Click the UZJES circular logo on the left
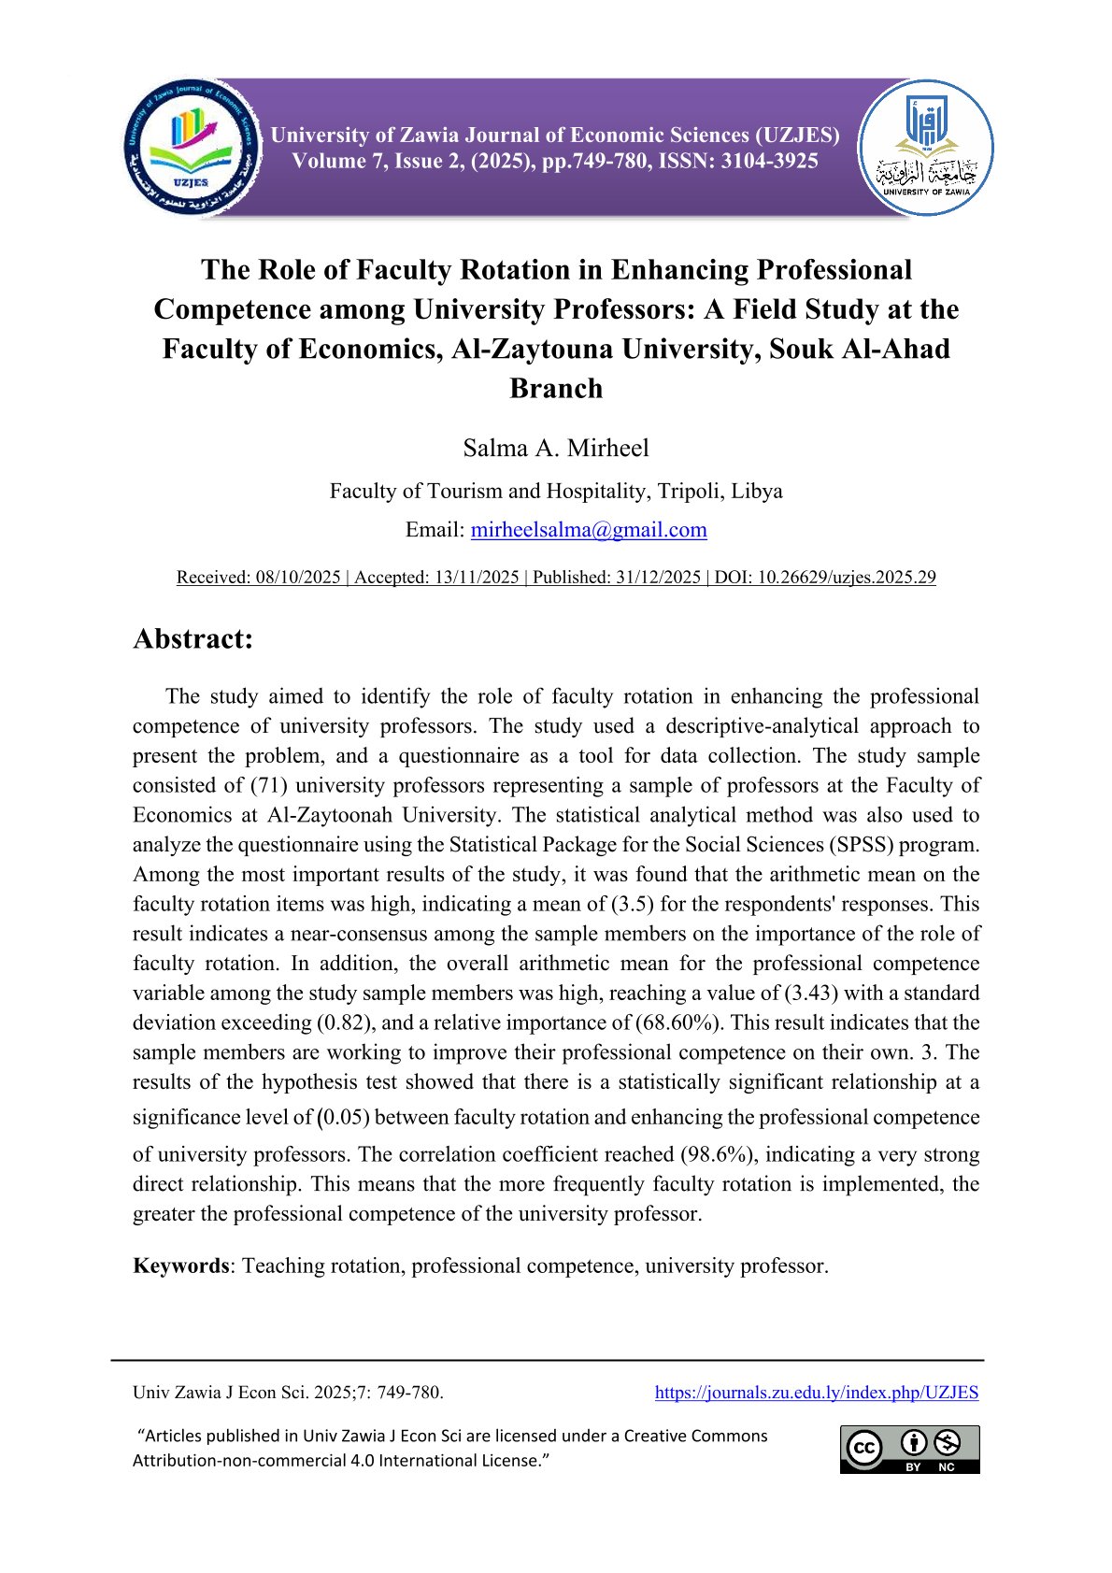[x=192, y=148]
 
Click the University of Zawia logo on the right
[x=926, y=148]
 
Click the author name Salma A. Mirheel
[x=556, y=448]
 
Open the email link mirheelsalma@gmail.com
[x=589, y=530]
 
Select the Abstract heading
[x=193, y=638]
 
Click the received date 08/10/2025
[x=297, y=578]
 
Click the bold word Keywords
[x=181, y=1266]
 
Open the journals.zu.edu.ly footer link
[x=816, y=1393]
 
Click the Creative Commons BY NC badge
[x=909, y=1449]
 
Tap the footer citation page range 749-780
[x=408, y=1393]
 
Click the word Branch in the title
[x=556, y=388]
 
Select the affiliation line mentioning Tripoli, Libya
[x=556, y=491]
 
